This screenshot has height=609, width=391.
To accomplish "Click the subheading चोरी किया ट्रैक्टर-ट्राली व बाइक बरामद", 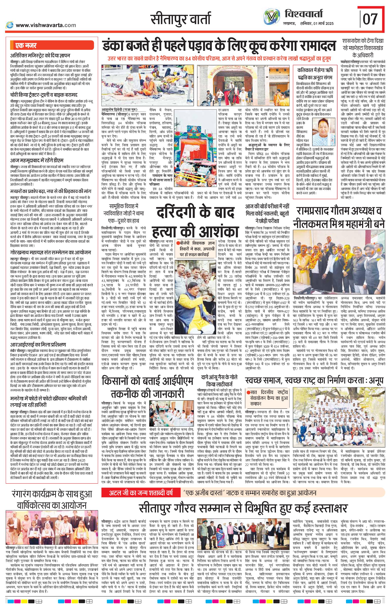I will coord(43,96).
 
